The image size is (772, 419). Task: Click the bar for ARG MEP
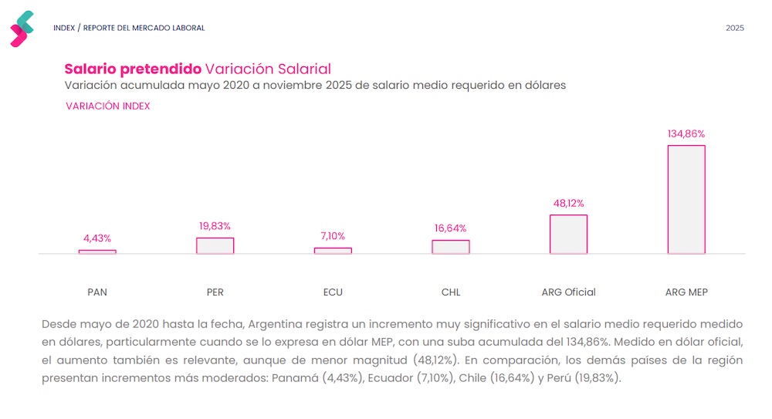tap(686, 199)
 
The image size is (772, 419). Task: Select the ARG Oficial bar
tap(568, 234)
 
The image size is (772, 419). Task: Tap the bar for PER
tap(215, 245)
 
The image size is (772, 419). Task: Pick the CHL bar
tap(450, 247)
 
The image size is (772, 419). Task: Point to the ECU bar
tap(333, 250)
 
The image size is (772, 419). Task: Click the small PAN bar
tap(97, 252)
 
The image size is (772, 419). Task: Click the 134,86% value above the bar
tap(686, 133)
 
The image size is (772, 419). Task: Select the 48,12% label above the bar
tap(568, 203)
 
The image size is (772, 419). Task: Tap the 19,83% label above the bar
tap(215, 226)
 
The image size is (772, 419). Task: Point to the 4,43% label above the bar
tap(97, 238)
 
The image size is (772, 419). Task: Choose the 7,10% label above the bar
tap(333, 236)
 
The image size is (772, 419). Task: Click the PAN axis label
tap(97, 292)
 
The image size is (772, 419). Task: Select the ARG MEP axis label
tap(686, 292)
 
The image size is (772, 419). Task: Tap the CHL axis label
tap(451, 292)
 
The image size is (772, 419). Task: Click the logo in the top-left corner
tap(22, 29)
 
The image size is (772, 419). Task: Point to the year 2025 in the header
tap(735, 29)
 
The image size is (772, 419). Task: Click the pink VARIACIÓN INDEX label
tap(108, 106)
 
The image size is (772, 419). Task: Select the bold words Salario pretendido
tap(132, 69)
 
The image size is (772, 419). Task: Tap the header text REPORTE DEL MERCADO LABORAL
tap(144, 29)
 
